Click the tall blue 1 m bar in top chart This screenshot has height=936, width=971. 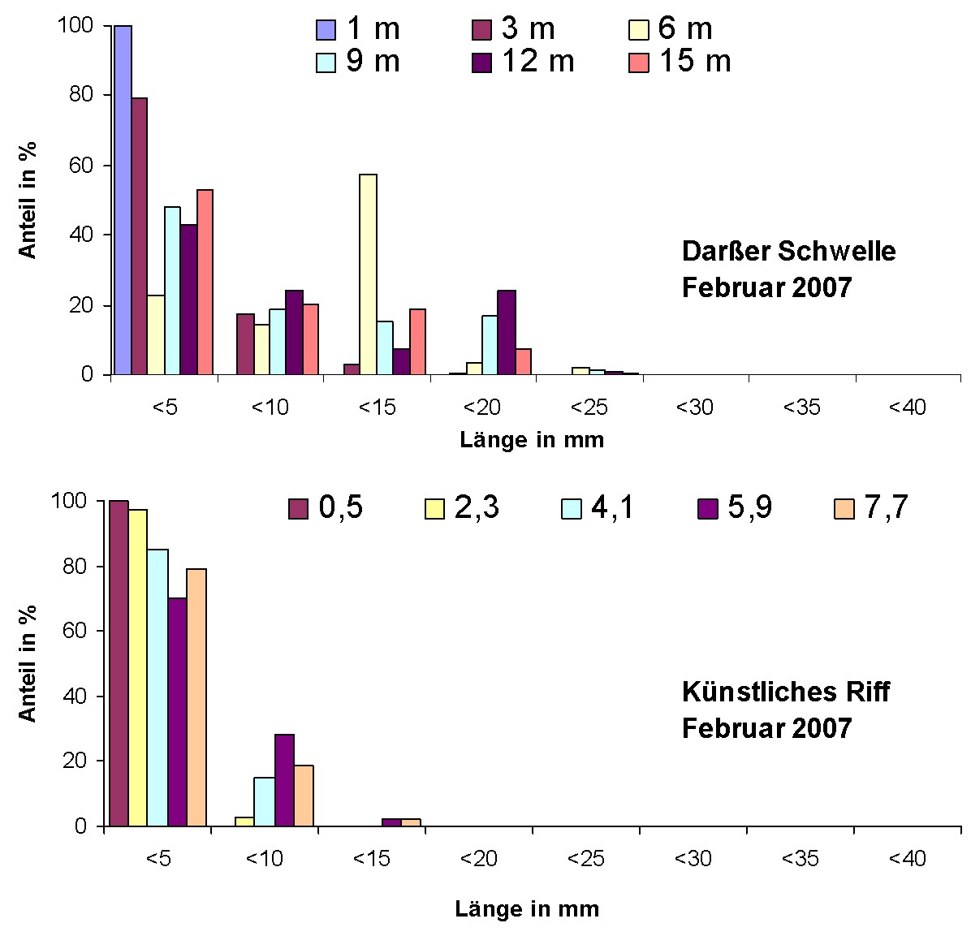click(x=123, y=200)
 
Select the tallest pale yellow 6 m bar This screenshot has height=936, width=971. click(x=368, y=274)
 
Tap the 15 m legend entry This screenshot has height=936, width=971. click(x=680, y=61)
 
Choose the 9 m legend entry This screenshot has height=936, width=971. click(x=358, y=61)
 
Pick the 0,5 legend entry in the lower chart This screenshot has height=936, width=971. click(x=326, y=508)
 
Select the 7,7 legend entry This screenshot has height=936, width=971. click(x=870, y=508)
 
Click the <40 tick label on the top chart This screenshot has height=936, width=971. click(x=907, y=407)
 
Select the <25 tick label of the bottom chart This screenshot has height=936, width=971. click(x=586, y=859)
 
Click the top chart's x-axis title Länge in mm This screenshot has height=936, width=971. click(x=532, y=440)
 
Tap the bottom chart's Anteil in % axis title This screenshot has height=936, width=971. click(x=28, y=662)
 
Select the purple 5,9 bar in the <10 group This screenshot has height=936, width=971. click(x=284, y=780)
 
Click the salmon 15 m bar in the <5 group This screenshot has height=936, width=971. click(x=205, y=282)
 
